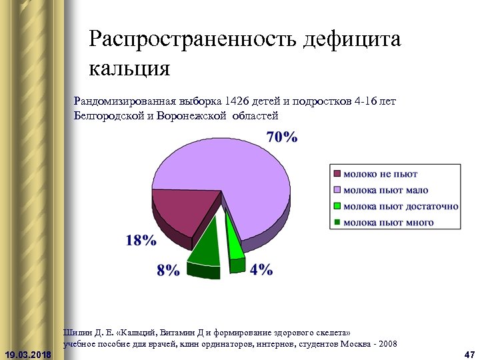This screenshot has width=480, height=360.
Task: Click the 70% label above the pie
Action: [x=281, y=137]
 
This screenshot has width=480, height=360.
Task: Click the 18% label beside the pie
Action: [x=141, y=241]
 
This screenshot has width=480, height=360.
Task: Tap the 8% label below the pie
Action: [x=168, y=270]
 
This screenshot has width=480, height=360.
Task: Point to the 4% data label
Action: [x=261, y=269]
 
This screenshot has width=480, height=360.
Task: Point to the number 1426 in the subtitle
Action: [x=237, y=102]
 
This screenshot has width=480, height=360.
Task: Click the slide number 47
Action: [x=468, y=353]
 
